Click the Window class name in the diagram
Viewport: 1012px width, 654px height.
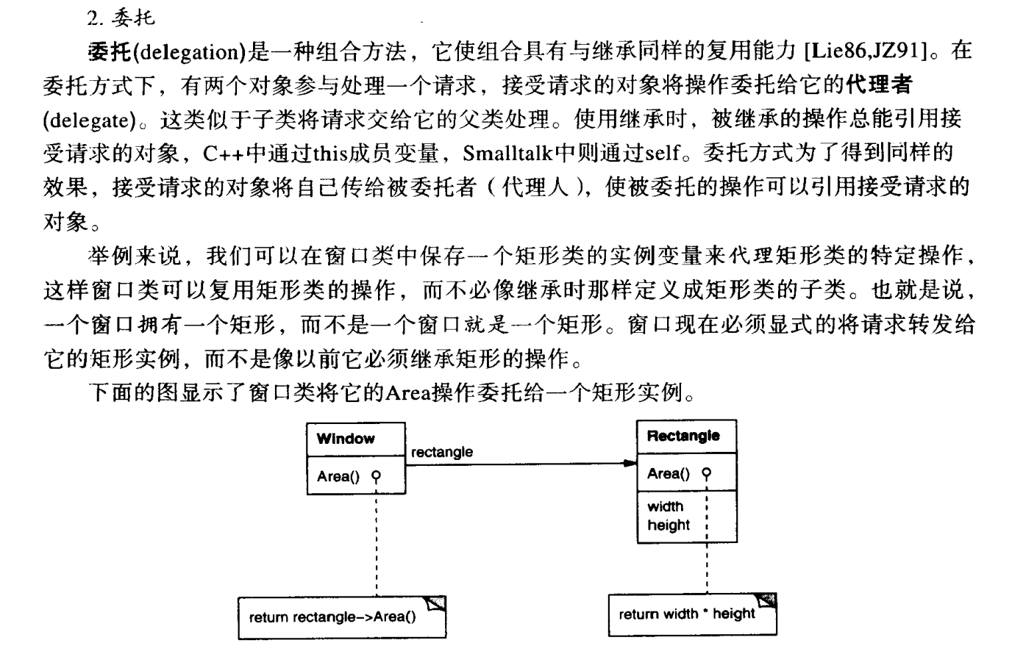click(x=345, y=439)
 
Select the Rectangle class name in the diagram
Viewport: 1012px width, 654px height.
click(x=683, y=436)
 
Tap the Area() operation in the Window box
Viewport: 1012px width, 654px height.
click(x=338, y=477)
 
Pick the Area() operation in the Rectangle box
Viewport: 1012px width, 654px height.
click(x=668, y=474)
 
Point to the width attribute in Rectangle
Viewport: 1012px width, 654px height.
click(x=665, y=506)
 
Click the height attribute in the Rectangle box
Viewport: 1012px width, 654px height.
click(x=668, y=525)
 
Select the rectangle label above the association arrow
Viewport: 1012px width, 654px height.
click(x=441, y=452)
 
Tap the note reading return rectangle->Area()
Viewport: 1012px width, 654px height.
click(x=332, y=617)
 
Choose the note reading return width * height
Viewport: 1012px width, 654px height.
click(x=686, y=614)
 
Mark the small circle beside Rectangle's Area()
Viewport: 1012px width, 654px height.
click(x=707, y=473)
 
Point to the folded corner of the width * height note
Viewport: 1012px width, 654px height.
click(x=767, y=601)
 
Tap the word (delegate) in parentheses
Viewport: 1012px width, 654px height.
click(x=87, y=118)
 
